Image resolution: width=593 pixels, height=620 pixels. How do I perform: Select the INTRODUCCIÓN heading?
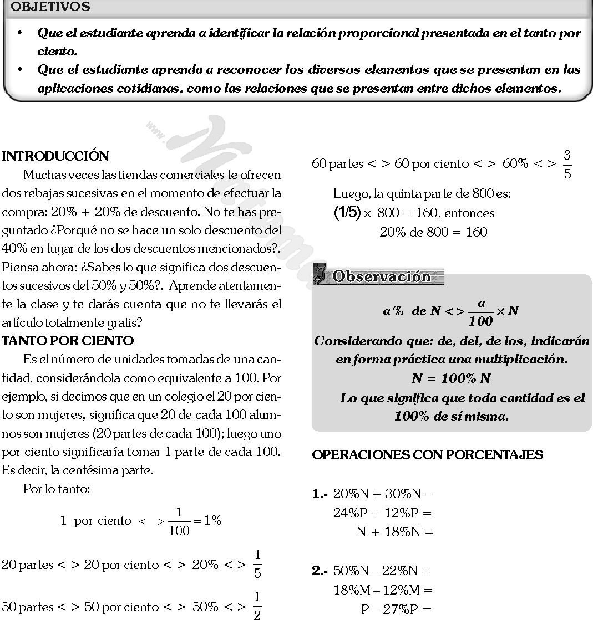coord(55,156)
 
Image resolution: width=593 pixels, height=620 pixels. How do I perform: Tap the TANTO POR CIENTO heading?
coord(68,340)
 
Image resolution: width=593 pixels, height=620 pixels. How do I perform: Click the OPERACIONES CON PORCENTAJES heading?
coord(428,455)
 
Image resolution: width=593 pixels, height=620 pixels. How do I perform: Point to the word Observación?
coord(382,276)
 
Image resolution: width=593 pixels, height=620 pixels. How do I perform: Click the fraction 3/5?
coord(566,164)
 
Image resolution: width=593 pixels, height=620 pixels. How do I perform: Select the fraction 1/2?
coord(257,607)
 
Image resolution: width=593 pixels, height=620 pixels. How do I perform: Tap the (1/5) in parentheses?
coord(347,213)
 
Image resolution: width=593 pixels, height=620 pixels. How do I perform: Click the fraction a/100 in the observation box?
coord(480,312)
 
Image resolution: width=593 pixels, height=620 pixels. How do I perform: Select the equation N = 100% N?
coord(451,379)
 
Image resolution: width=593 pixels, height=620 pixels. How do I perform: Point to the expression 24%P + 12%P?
coord(382,513)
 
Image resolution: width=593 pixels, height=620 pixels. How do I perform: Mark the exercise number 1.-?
coord(320,494)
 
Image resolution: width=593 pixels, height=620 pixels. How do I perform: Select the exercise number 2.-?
coord(320,570)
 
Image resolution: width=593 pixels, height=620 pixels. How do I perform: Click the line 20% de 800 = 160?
coord(433,232)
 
